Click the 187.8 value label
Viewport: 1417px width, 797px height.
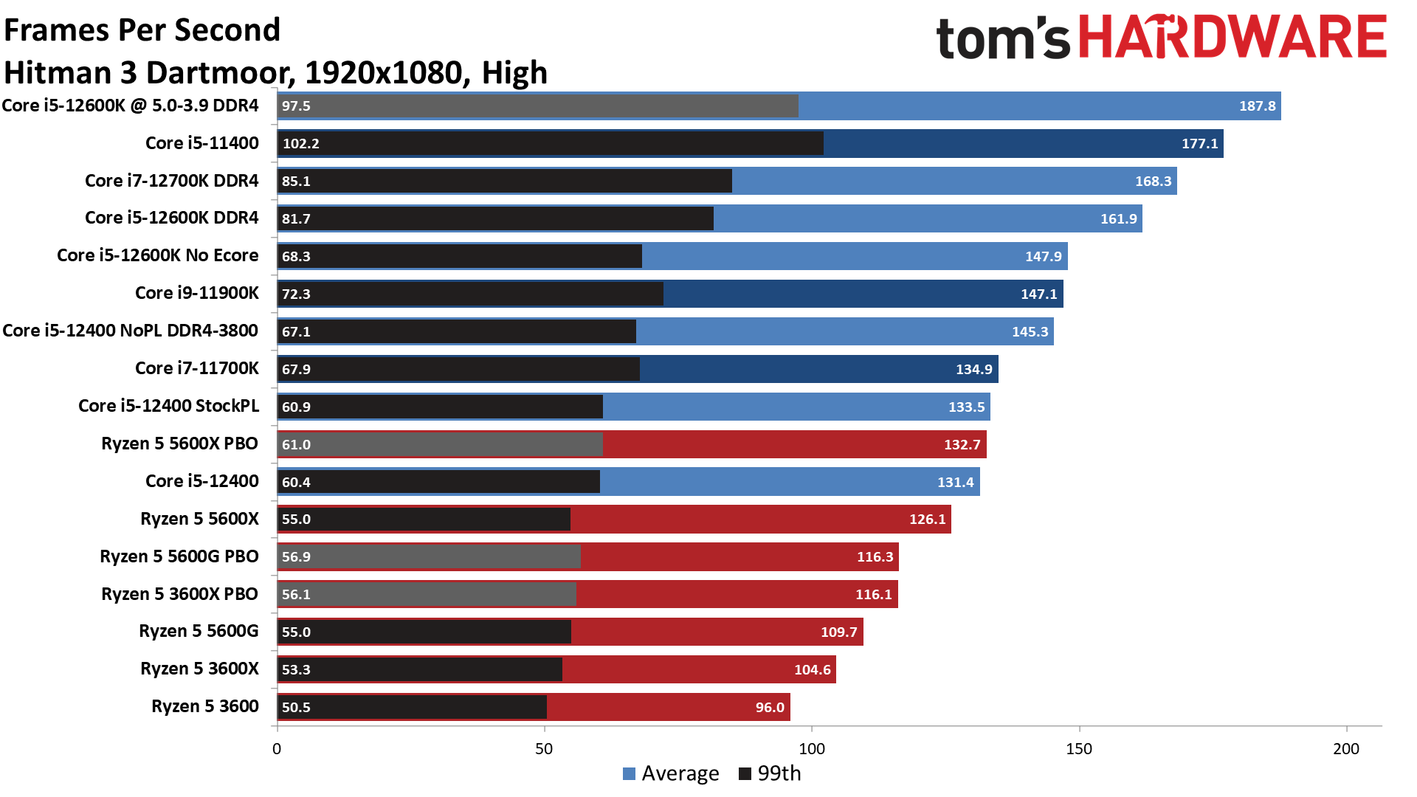click(1257, 106)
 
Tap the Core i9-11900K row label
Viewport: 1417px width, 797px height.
click(197, 293)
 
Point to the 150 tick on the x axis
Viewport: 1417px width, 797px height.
click(1079, 749)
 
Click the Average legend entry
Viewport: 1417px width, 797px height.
click(671, 773)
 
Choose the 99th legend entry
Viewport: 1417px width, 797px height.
click(770, 773)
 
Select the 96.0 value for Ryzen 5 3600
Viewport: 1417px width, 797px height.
click(770, 708)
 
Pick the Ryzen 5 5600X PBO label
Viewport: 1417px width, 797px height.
click(179, 444)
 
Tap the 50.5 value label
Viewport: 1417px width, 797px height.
click(296, 708)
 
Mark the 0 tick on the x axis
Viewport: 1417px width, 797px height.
click(277, 749)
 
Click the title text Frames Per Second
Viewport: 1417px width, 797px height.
click(142, 30)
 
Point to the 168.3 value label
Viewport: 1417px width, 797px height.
click(1153, 182)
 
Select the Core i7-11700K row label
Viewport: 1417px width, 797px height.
click(197, 368)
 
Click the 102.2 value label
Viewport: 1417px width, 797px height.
click(300, 144)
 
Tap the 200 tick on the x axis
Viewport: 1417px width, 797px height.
click(1346, 749)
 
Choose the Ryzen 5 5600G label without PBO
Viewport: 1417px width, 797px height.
click(199, 631)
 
